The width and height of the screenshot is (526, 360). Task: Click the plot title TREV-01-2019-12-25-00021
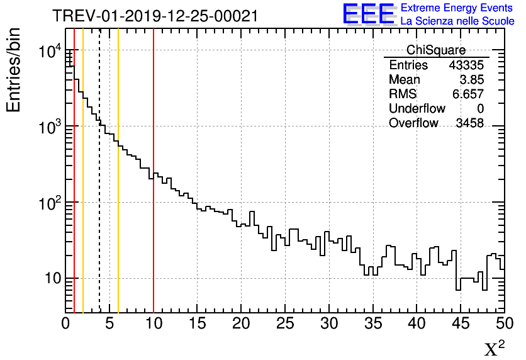point(155,16)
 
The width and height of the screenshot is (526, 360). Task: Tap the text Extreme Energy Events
point(457,8)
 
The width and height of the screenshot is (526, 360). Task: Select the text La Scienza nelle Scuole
point(457,21)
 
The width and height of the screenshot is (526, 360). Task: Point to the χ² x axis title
point(495,348)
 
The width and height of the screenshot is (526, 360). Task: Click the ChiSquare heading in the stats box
point(436,50)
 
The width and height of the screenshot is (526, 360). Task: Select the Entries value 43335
point(466,65)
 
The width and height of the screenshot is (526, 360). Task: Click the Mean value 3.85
point(471,80)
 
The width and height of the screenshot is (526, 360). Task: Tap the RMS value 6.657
point(468,94)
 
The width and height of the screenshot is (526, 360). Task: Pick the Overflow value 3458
point(469,123)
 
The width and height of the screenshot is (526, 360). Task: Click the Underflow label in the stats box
point(417,109)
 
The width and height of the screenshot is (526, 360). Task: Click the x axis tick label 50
point(504,324)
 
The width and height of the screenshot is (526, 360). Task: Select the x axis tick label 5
point(109,324)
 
